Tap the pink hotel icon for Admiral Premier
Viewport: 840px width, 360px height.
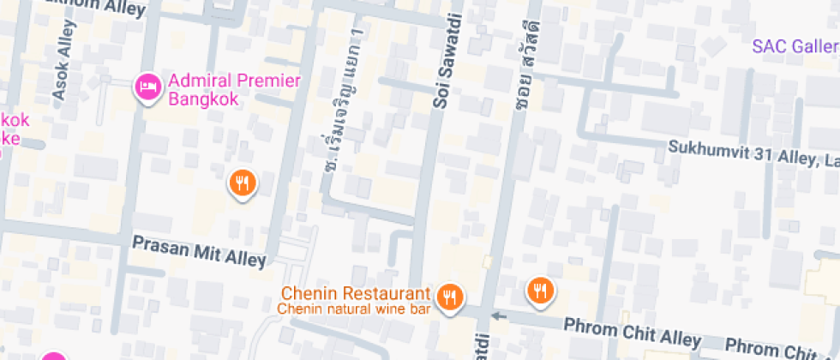coord(147,87)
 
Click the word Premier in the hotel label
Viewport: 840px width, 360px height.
coord(267,81)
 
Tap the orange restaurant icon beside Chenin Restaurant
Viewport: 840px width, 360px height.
coord(449,297)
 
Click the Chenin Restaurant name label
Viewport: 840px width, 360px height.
coord(351,293)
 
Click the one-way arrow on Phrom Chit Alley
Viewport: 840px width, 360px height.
coord(500,317)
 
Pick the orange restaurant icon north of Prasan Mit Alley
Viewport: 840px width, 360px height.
coord(243,183)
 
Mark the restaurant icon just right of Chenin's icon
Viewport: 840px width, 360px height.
coord(539,291)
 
